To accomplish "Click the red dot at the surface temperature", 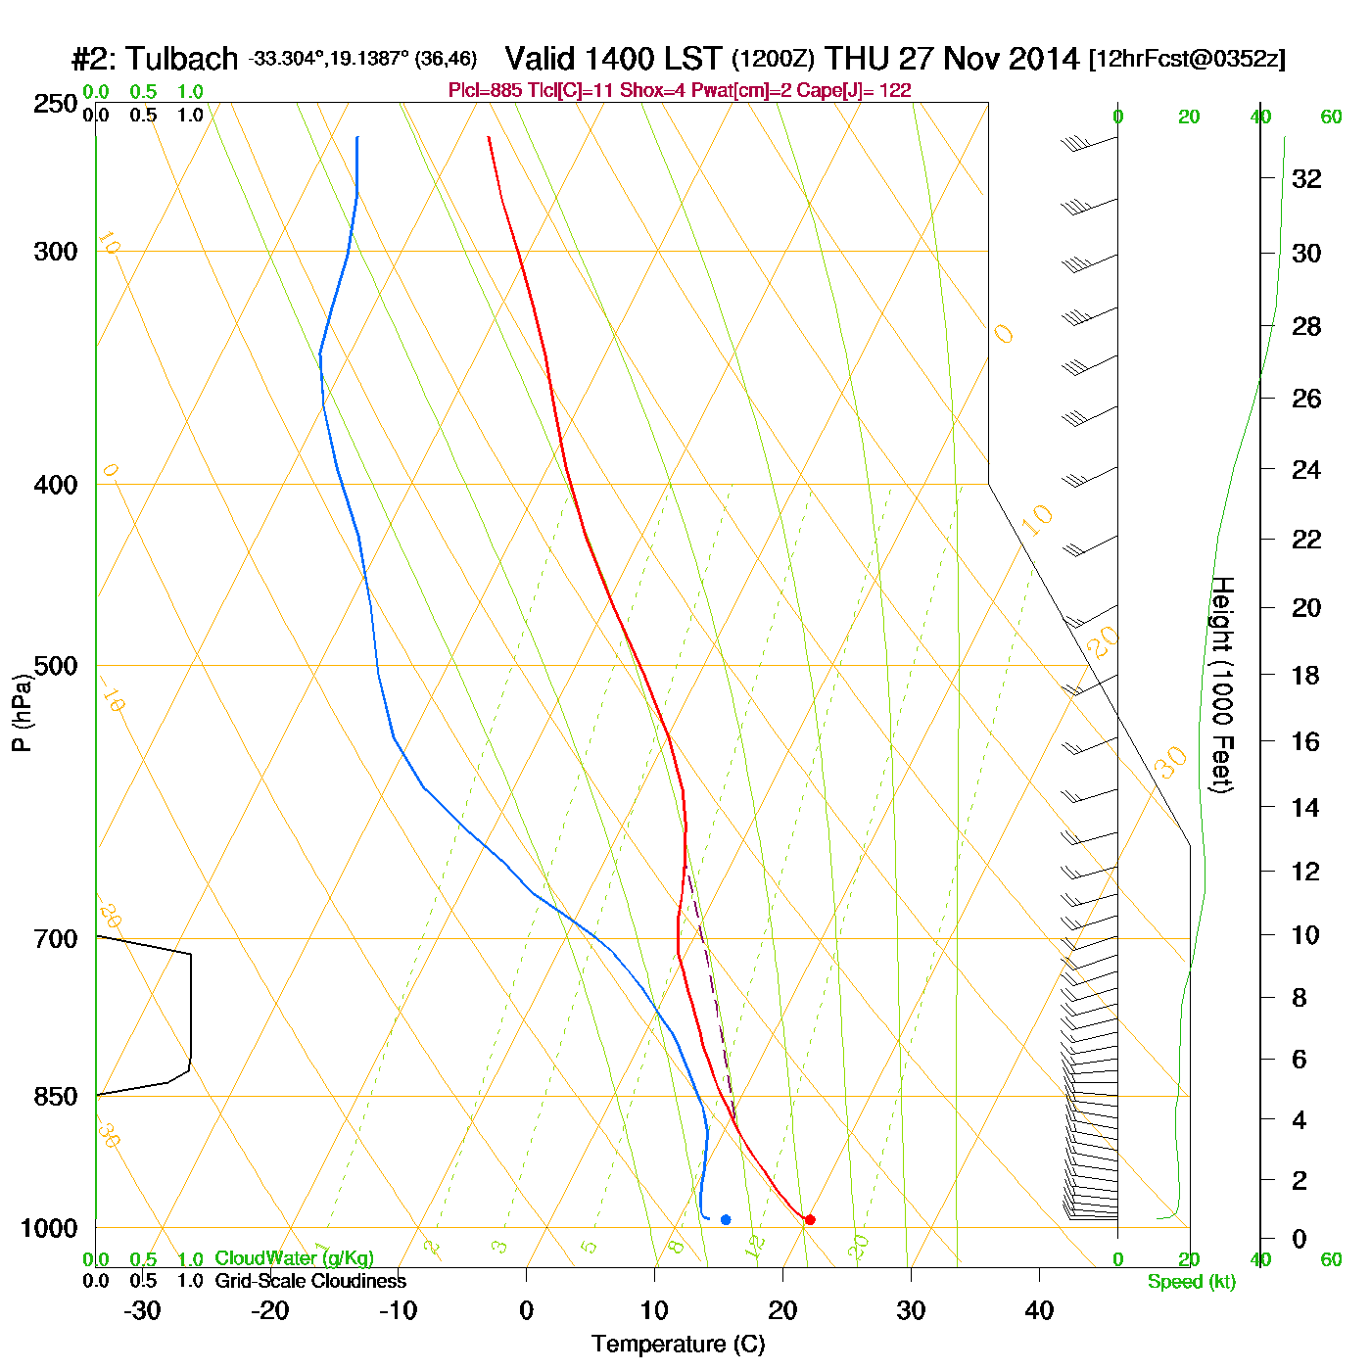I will (810, 1219).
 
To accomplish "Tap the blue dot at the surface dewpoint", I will (726, 1219).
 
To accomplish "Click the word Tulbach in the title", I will (182, 59).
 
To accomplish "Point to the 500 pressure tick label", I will (56, 666).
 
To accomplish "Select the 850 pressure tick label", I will (56, 1096).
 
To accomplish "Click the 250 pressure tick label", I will (56, 104).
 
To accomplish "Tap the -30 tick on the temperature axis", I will (142, 1310).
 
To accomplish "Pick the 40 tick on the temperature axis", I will (1039, 1310).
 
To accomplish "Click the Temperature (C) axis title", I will (678, 1344).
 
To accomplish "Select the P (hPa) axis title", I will (22, 712).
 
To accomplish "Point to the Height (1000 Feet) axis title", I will (1222, 685).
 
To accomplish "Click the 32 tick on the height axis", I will (1306, 178).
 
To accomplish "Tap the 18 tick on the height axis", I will (1306, 675).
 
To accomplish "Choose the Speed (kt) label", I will (1192, 1282).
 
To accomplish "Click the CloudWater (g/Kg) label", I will (294, 1258).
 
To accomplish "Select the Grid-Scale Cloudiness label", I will (310, 1281).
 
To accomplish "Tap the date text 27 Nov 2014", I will (989, 59).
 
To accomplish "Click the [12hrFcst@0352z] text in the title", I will (1187, 59).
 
